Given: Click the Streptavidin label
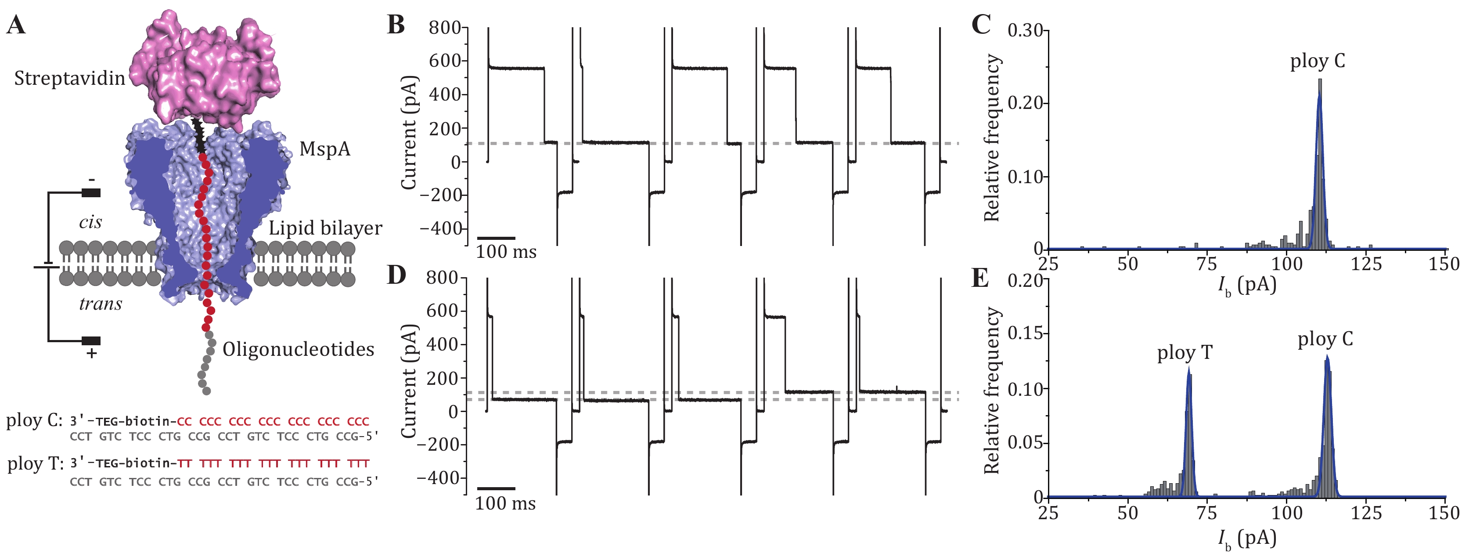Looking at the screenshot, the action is click(x=69, y=78).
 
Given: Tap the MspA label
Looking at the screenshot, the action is click(x=325, y=149).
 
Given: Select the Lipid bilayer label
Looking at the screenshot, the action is click(x=325, y=228).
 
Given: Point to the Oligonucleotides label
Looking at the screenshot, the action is click(x=298, y=349).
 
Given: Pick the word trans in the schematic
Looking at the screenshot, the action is click(x=101, y=304).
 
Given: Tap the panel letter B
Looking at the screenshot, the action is click(x=396, y=25).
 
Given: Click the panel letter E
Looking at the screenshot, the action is click(x=980, y=278).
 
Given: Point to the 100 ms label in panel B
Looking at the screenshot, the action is click(x=506, y=252).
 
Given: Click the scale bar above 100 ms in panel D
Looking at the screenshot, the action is click(x=496, y=488).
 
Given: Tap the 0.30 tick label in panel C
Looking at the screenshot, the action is click(x=1025, y=30).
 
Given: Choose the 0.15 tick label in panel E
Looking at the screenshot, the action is click(x=1025, y=333).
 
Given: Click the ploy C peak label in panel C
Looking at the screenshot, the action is click(x=1317, y=61).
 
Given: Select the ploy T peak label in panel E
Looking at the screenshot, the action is click(x=1185, y=353).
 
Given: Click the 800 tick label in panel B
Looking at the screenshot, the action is click(x=445, y=27).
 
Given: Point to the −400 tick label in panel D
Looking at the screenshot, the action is click(x=439, y=478).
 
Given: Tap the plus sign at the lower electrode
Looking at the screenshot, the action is click(x=91, y=354).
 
